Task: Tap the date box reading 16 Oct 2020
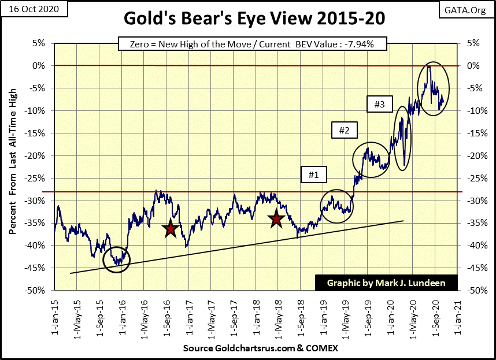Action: coord(34,9)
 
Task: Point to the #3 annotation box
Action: coord(380,105)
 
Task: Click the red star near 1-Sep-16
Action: coord(171,229)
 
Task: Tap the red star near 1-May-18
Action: coord(276,218)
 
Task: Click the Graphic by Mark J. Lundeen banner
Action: coord(386,283)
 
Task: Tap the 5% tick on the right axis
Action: coord(469,43)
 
